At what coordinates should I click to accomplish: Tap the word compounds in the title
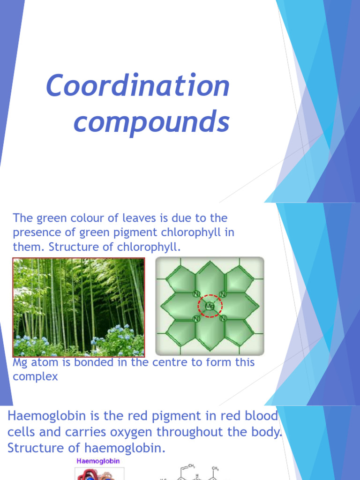click(151, 122)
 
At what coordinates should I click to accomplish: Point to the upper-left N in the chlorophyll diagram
click(195, 294)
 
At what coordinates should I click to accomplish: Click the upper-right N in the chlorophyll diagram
click(224, 294)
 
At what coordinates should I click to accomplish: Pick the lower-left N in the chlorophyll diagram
click(195, 319)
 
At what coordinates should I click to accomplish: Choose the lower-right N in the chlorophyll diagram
click(224, 319)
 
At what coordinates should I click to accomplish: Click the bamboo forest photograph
click(79, 307)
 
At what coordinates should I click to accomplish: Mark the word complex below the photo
click(35, 376)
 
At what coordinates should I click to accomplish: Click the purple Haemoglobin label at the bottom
click(98, 461)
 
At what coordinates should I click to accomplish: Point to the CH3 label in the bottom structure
click(215, 468)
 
